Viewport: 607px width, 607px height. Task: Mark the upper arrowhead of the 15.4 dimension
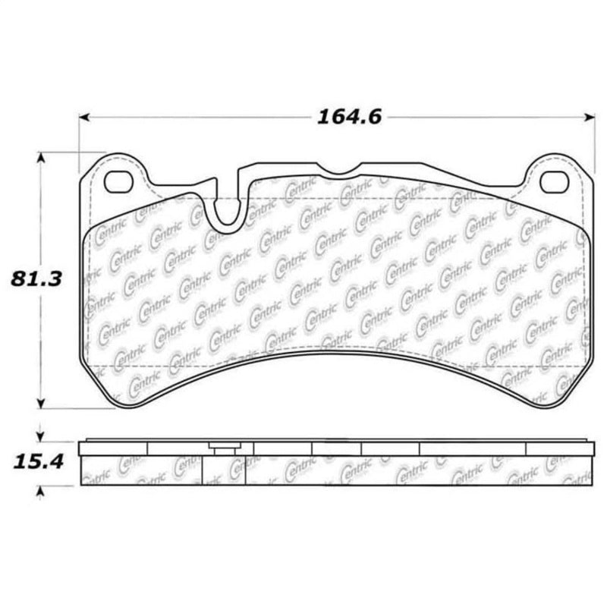[41, 436]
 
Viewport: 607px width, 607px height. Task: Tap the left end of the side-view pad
[81, 463]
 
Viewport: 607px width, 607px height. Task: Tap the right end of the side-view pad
[591, 463]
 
